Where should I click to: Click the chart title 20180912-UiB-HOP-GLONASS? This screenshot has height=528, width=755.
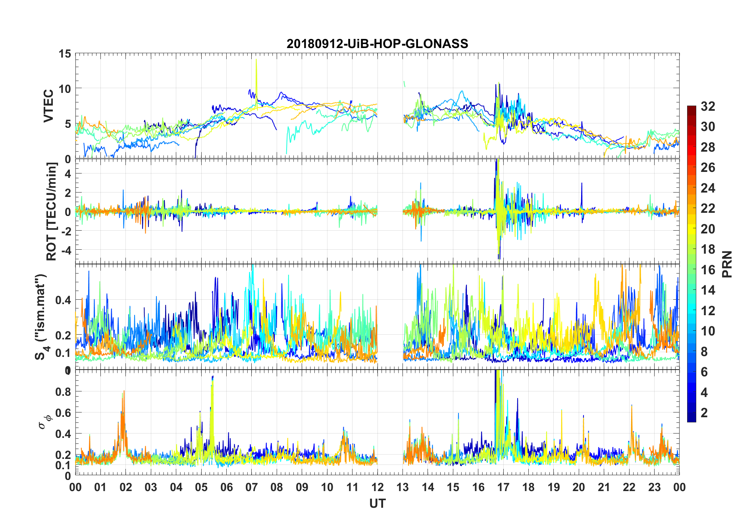tap(377, 44)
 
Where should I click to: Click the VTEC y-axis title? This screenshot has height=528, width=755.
tap(48, 106)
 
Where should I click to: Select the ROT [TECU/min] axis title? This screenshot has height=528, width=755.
tap(52, 211)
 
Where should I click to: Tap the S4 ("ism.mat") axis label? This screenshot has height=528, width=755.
tap(41, 317)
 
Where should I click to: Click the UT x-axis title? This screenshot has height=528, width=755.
tap(377, 504)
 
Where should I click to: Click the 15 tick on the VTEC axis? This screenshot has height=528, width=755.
tap(65, 54)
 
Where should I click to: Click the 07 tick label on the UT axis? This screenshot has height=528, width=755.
tap(252, 488)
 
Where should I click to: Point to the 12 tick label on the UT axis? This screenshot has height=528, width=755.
tap(377, 488)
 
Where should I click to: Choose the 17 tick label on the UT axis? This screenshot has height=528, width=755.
tap(503, 488)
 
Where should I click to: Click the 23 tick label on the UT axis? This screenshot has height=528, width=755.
tap(654, 488)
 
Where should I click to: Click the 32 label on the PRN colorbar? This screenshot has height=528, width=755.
tap(708, 106)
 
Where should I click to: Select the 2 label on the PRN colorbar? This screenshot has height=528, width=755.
tap(705, 413)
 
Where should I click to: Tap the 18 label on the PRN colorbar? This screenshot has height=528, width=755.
tap(708, 249)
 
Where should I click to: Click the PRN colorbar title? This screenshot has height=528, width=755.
tap(727, 264)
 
